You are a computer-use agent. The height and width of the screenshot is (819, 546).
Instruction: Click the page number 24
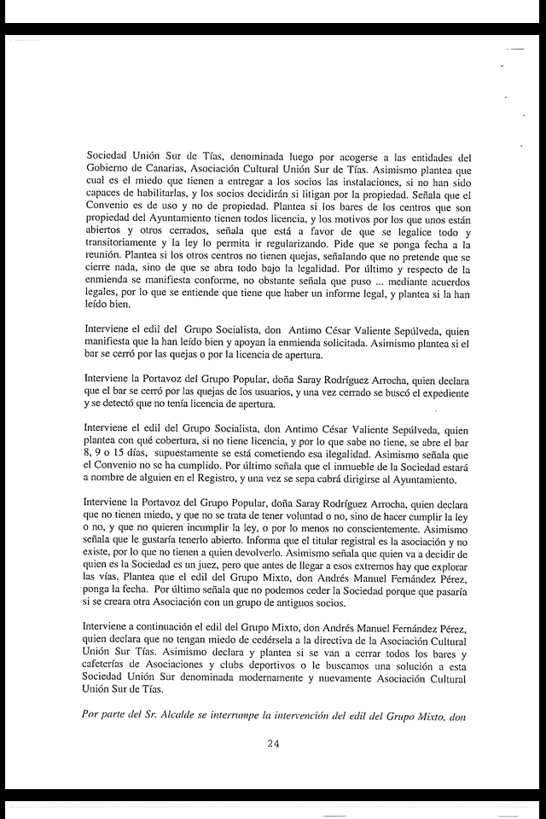(273, 744)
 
